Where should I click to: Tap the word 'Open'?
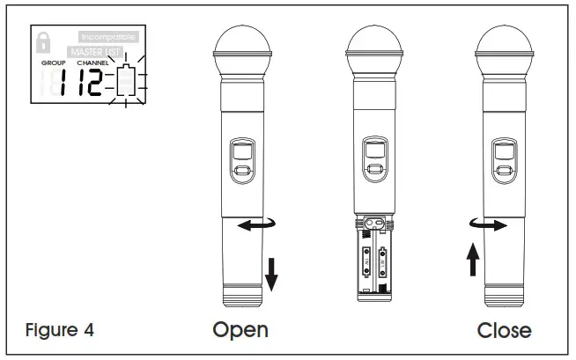(240, 330)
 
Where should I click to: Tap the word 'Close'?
(504, 330)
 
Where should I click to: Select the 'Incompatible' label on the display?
(107, 38)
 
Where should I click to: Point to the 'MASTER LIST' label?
(100, 52)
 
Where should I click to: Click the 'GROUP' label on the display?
(53, 64)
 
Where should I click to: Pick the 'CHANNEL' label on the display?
(94, 64)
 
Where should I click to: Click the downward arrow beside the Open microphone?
(271, 274)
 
